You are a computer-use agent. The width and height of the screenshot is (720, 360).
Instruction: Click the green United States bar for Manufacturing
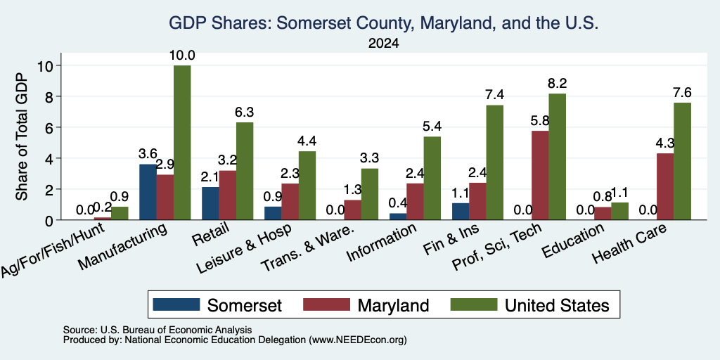tap(182, 143)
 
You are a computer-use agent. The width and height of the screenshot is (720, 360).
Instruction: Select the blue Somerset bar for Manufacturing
tap(148, 192)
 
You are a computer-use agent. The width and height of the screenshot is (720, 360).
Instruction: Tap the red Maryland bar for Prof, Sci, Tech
tap(539, 175)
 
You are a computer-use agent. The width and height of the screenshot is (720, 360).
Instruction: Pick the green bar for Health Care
tap(682, 161)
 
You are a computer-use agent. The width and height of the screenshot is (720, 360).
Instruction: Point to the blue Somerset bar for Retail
tap(210, 203)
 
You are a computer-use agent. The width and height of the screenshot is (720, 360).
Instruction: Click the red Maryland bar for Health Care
tap(665, 186)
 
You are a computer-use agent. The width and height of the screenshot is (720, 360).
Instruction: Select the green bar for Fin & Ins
tap(494, 162)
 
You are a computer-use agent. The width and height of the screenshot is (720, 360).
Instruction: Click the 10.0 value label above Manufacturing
tap(182, 56)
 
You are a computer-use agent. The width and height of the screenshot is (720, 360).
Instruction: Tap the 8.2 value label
tap(557, 84)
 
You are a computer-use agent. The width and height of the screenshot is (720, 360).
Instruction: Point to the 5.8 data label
tap(539, 121)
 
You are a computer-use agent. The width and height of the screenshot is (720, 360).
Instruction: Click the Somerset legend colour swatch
tap(176, 304)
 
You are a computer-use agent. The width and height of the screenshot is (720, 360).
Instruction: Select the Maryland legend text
tap(394, 305)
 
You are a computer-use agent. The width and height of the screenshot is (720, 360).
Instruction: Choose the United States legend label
tap(558, 305)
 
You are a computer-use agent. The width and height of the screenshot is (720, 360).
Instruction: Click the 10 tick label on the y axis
tap(48, 65)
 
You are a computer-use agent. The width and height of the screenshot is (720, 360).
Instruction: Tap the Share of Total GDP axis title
tap(22, 136)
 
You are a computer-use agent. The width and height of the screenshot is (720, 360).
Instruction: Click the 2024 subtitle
tap(383, 44)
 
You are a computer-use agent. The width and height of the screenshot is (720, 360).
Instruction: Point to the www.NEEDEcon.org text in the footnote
tap(358, 340)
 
